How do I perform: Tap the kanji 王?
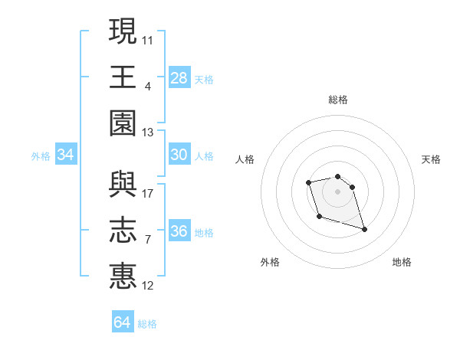coord(123,76)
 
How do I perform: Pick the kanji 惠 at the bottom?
coord(123,276)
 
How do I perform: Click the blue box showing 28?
coord(179,77)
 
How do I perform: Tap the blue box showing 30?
coord(179,155)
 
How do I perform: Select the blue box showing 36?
coord(179,231)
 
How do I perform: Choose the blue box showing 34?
coord(66,155)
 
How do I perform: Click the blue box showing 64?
coord(122,322)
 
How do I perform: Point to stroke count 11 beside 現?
coord(148,39)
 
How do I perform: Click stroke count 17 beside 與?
coord(148,193)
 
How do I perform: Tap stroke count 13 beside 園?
coord(148,133)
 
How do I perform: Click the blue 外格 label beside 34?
coord(41,156)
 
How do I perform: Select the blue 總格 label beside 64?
coord(147,324)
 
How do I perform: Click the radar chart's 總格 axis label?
coord(338,100)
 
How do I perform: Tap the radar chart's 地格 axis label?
coord(402,262)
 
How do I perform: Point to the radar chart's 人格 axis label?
coord(245,159)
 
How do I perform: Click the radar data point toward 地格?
coord(364,229)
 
